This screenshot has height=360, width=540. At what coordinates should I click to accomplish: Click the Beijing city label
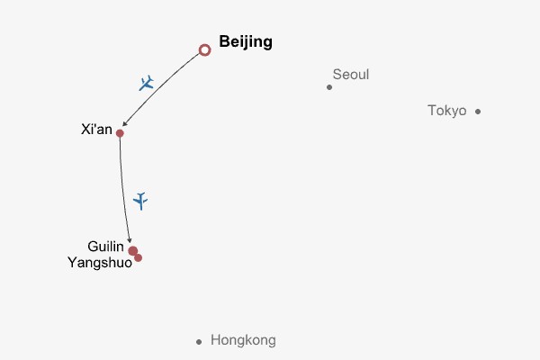[246, 42]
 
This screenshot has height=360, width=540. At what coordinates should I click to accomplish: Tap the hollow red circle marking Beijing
[204, 46]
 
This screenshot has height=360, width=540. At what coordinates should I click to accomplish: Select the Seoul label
[351, 75]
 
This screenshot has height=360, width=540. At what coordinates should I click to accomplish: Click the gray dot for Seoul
[329, 87]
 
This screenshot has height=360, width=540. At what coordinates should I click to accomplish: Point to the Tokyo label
[447, 111]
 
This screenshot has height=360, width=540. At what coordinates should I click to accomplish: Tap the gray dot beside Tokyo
[478, 112]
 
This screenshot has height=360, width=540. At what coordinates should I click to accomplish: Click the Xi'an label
[97, 130]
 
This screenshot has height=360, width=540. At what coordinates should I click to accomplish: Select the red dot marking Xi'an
[120, 133]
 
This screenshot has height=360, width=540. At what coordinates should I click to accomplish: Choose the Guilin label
[105, 247]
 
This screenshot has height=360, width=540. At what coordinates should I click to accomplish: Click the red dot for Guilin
[132, 250]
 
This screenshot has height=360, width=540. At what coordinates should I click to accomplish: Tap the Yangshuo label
[100, 263]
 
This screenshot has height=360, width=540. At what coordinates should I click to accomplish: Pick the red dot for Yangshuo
[139, 258]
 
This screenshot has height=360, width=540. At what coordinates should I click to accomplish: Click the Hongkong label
[243, 340]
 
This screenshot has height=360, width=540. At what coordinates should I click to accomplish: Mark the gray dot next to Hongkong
[199, 342]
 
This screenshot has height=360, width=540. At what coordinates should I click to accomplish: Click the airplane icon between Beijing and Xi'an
[147, 83]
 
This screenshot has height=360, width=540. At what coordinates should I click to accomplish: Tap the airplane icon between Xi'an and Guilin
[140, 201]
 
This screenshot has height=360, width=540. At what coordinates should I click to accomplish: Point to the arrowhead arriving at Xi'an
[125, 123]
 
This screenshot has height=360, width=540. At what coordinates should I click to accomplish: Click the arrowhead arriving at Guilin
[130, 240]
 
